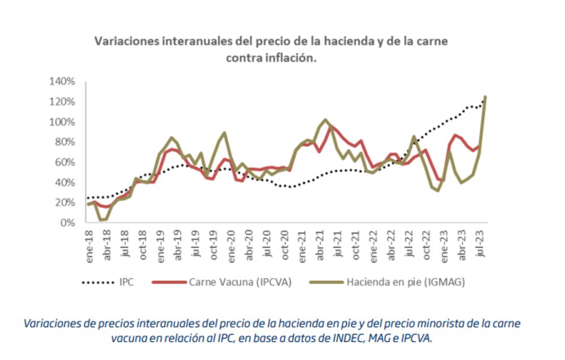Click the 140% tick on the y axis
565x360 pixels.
click(x=62, y=81)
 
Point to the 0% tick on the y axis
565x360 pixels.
click(x=66, y=223)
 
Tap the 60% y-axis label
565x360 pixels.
click(x=64, y=162)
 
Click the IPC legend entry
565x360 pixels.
click(x=127, y=281)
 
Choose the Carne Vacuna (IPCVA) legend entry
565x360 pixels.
click(x=240, y=281)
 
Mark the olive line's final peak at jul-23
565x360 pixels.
click(x=485, y=97)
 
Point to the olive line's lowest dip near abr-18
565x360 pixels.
click(x=101, y=220)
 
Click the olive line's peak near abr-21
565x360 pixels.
click(x=325, y=120)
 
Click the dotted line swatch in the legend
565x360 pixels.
click(x=99, y=281)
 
